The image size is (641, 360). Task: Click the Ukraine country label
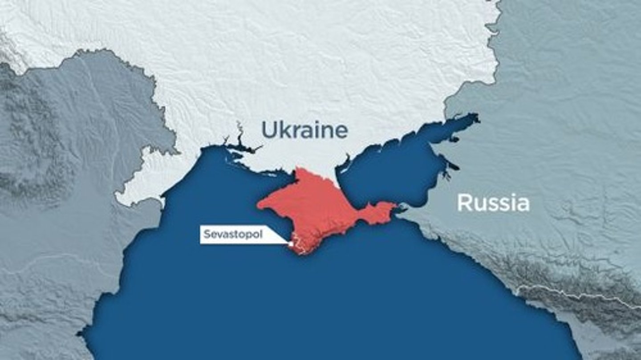(x=304, y=130)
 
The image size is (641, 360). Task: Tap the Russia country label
(x=493, y=203)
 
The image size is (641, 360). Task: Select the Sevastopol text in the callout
(x=233, y=235)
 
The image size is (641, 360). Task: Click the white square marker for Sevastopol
(x=291, y=243)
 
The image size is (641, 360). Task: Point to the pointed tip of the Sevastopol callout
(x=288, y=243)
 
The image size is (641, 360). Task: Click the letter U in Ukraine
(x=268, y=130)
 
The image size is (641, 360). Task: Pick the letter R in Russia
(x=464, y=203)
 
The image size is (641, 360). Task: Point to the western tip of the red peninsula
(x=260, y=205)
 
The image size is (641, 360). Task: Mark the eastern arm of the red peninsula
(x=378, y=211)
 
